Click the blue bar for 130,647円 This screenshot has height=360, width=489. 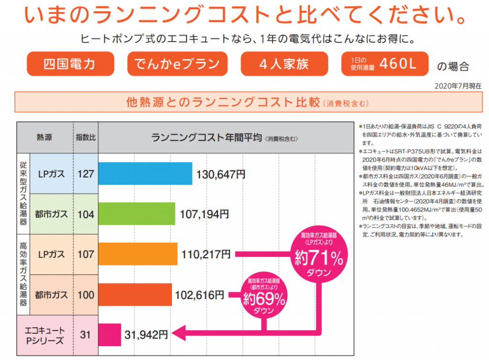pyautogui.click(x=145, y=174)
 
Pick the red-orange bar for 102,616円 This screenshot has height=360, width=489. pyautogui.click(x=135, y=295)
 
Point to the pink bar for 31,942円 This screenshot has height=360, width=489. pyautogui.click(x=110, y=335)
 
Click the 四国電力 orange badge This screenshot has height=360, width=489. pyautogui.click(x=70, y=64)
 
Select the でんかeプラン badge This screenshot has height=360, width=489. pyautogui.click(x=177, y=64)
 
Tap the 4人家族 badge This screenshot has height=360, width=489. pyautogui.click(x=284, y=64)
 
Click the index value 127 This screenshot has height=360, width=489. pyautogui.click(x=86, y=174)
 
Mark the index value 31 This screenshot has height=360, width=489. pyautogui.click(x=86, y=335)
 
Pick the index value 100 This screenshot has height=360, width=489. pyautogui.click(x=86, y=295)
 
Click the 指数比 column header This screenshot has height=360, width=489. pyautogui.click(x=86, y=138)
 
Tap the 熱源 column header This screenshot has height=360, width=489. pyautogui.click(x=45, y=138)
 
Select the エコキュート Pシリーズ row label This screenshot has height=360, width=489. pyautogui.click(x=45, y=335)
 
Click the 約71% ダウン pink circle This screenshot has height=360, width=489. pyautogui.click(x=319, y=258)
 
